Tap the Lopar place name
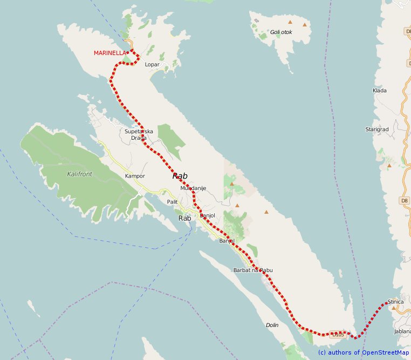pos(153,64)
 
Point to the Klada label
pos(380,90)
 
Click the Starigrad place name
pos(378,130)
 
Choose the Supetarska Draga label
pos(139,134)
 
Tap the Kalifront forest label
pos(80,174)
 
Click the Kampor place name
pos(135,176)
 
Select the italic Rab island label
pos(180,176)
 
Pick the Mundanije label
pos(193,188)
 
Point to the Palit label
pos(173,201)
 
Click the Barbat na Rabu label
pos(254,270)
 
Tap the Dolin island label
pos(272,325)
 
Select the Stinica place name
pos(395,302)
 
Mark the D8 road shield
pos(405,201)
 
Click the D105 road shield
pos(338,335)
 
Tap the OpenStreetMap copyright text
pos(364,352)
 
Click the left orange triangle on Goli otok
pos(290,22)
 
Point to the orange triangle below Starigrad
pos(389,166)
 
